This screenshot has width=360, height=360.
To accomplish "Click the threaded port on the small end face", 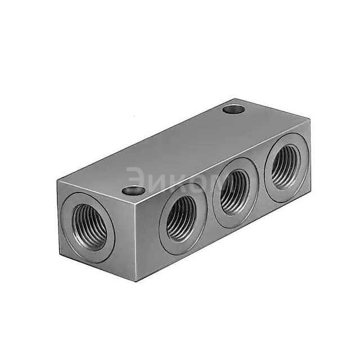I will pos(89,226).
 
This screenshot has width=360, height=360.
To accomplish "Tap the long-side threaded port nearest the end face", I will pos(182,218).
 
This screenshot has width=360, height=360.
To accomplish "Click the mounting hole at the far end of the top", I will pos(233,109).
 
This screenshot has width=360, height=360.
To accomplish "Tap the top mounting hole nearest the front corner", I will pos(133,190).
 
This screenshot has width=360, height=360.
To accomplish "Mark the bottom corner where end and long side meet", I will pos(137,281).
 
